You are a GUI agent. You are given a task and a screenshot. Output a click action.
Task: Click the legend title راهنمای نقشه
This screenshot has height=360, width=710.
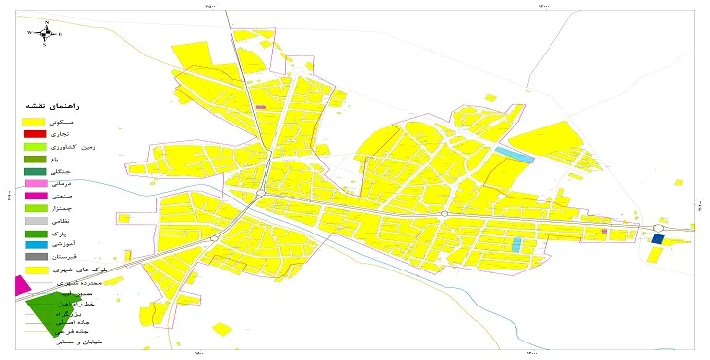60,104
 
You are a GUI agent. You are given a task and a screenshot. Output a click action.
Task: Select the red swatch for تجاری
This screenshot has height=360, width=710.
35,133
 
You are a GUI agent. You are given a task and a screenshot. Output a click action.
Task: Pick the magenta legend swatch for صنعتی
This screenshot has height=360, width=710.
35,196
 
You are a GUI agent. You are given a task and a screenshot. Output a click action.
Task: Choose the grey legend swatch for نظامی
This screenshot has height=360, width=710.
35,221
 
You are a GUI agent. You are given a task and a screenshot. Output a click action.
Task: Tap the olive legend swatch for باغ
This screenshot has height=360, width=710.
35,159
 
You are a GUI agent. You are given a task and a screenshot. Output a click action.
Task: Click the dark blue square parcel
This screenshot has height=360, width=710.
657,238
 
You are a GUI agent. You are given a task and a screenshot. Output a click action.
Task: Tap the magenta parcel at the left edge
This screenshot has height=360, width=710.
18,286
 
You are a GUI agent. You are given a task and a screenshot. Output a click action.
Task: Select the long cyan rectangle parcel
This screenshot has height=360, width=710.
515,153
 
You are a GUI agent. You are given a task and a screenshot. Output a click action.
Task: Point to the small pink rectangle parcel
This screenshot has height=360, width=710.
260,107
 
